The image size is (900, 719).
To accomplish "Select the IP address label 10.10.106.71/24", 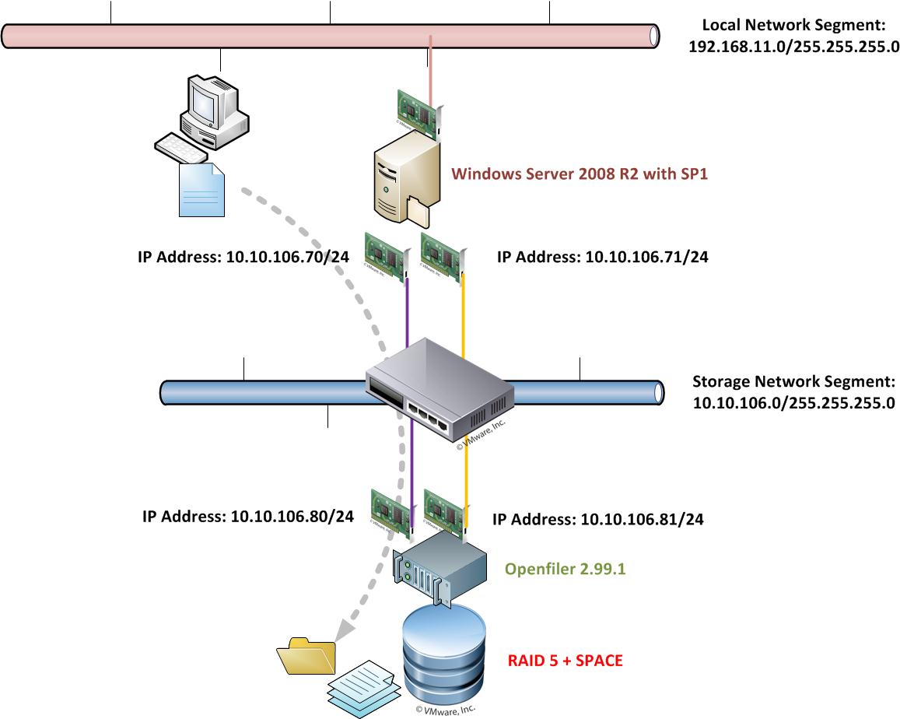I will coord(602,256).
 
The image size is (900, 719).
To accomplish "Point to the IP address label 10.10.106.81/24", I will coord(598,519).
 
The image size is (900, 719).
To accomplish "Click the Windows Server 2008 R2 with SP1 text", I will coord(580,174).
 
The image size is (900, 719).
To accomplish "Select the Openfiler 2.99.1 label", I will coord(566,569).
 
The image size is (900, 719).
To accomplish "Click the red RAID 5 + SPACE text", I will coord(566,661).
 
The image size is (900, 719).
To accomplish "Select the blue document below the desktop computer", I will coord(202,191).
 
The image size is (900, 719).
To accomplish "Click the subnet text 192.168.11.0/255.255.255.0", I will coord(793,46).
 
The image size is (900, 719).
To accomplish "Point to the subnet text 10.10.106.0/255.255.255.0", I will coord(793,403).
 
